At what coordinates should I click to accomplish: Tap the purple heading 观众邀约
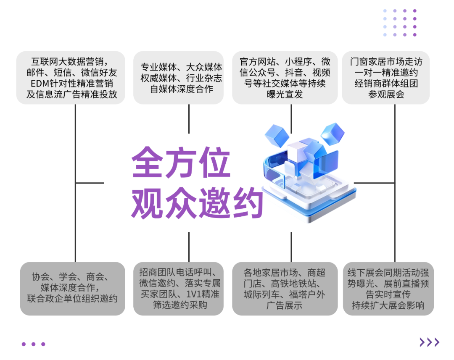[x=197, y=203]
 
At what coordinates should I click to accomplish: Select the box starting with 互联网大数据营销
[x=71, y=78]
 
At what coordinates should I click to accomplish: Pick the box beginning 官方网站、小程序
[x=285, y=78]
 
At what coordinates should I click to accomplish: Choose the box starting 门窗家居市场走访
[x=386, y=78]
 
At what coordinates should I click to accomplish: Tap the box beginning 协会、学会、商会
[x=72, y=288]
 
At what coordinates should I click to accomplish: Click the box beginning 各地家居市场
[x=285, y=288]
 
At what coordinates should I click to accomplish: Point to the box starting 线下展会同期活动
[x=388, y=288]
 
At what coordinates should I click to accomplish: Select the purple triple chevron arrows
[x=429, y=342]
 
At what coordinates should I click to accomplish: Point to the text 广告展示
[x=285, y=305]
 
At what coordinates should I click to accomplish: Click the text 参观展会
[x=386, y=94]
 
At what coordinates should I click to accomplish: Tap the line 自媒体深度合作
[x=181, y=89]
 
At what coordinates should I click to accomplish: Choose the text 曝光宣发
[x=285, y=94]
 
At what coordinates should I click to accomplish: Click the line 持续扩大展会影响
[x=388, y=305]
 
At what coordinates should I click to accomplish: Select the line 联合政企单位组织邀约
[x=72, y=299]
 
